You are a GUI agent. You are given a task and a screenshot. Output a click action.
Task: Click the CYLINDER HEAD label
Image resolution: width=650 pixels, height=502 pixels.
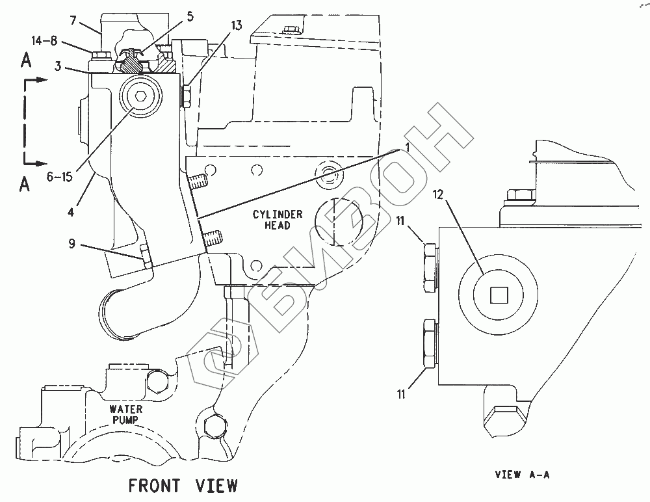pyautogui.click(x=272, y=220)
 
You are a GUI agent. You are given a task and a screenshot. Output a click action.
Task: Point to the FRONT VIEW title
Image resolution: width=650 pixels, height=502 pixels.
pyautogui.click(x=183, y=484)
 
